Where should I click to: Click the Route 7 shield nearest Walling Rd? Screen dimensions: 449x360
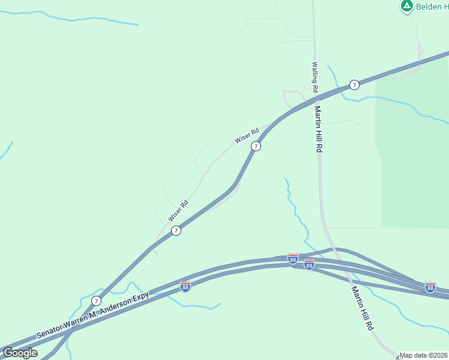click(x=355, y=85)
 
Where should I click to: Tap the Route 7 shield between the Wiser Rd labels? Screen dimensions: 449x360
click(x=256, y=146)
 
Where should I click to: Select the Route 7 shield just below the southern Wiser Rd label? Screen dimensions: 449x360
click(x=176, y=230)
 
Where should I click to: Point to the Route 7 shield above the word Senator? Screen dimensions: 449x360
click(x=97, y=300)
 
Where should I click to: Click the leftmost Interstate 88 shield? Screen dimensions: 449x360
click(x=185, y=287)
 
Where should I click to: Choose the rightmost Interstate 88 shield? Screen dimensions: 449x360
click(x=430, y=287)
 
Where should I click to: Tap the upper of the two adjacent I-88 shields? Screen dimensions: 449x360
click(x=293, y=259)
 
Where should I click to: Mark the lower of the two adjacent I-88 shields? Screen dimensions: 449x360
click(x=309, y=265)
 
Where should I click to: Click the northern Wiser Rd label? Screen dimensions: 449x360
click(x=246, y=136)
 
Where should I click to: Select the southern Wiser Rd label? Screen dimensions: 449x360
click(x=178, y=211)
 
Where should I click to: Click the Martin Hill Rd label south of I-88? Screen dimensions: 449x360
click(x=363, y=308)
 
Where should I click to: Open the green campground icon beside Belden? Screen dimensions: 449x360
click(x=406, y=6)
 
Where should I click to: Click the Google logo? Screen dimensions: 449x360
click(x=20, y=353)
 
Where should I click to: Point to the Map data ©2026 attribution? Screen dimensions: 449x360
click(x=424, y=355)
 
